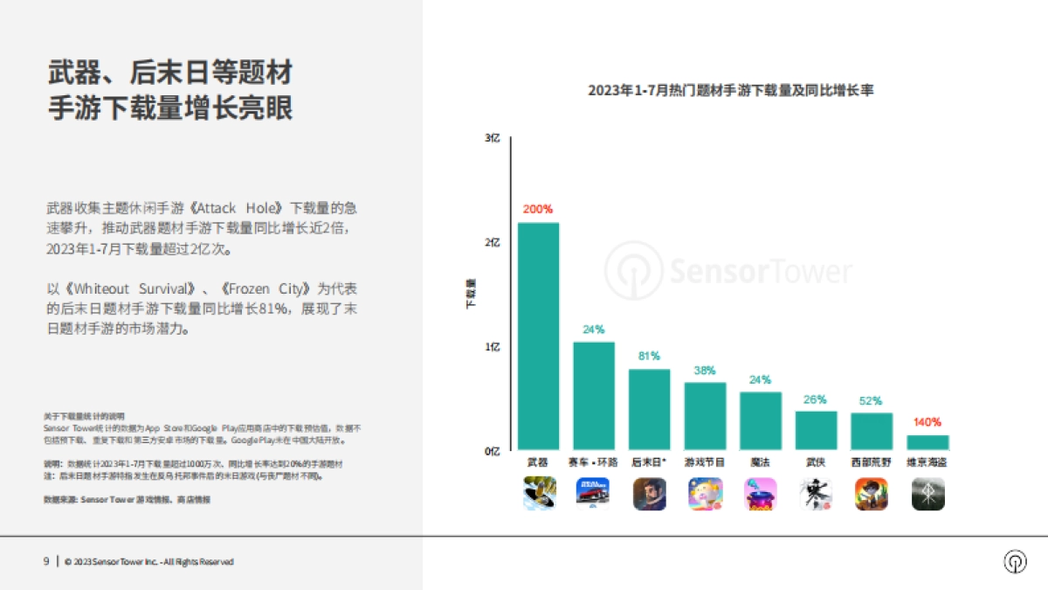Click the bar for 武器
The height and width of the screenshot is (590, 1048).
point(538,337)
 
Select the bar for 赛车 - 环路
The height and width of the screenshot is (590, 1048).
point(594,396)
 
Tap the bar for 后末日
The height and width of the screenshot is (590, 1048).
point(649,409)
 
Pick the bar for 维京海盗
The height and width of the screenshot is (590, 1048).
point(927,442)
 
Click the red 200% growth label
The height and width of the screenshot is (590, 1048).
point(538,210)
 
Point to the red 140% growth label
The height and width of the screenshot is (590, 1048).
point(927,422)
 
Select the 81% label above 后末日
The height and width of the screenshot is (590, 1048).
point(649,357)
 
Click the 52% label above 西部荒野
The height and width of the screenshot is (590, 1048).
point(872,400)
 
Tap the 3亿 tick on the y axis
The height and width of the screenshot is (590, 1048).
point(493,138)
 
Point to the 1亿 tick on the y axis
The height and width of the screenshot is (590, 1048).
point(493,347)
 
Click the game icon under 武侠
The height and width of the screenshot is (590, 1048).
point(816,494)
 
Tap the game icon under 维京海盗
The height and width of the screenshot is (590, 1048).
point(927,494)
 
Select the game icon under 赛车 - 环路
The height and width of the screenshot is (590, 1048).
point(594,494)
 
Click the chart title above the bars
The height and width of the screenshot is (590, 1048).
point(730,90)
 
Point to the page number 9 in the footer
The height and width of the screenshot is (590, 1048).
point(46,562)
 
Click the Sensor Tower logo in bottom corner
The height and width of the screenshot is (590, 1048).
point(1015,562)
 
